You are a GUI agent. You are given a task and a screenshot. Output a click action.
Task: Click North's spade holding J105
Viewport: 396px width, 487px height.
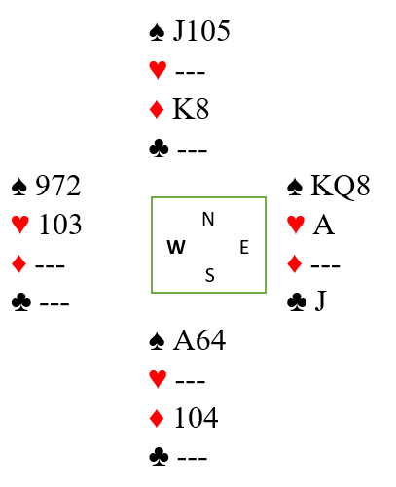pos(201,31)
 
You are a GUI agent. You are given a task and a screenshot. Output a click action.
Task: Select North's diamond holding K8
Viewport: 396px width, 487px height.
pos(191,109)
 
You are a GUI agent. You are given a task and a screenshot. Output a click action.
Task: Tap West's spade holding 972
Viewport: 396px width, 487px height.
pos(57,186)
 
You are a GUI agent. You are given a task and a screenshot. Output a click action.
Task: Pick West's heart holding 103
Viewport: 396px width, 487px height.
pos(60,225)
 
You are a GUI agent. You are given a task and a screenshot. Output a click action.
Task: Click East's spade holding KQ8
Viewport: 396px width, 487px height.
pos(341,186)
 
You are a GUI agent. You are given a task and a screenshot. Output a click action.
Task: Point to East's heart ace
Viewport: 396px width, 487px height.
pos(323,225)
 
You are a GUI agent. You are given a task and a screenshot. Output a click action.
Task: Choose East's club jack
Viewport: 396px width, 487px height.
pos(320,301)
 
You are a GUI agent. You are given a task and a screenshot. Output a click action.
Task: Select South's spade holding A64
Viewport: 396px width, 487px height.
pos(199,340)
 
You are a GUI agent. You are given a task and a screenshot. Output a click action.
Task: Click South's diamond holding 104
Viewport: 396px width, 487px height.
pos(196,418)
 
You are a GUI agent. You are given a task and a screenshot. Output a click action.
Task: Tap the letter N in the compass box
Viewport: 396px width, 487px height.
pos(208,219)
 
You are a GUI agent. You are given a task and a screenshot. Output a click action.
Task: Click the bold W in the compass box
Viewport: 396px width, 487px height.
pos(176,247)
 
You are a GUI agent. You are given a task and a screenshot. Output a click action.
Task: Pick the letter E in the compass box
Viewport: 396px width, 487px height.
pos(244,247)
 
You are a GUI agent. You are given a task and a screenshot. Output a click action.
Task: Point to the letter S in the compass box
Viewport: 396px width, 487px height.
pos(210,275)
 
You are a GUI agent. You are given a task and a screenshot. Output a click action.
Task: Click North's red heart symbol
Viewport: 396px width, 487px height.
pos(158,70)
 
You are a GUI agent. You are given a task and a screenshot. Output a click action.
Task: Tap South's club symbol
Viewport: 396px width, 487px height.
pos(159,456)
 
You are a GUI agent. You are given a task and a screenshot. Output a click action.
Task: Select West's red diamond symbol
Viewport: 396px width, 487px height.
pos(18,263)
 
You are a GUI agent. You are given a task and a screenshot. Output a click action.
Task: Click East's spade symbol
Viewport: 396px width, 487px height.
pos(295,187)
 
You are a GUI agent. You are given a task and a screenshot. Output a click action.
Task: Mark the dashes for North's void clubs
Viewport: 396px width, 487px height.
pos(192,150)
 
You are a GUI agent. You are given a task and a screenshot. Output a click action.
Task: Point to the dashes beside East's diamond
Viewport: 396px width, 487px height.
pos(325,265)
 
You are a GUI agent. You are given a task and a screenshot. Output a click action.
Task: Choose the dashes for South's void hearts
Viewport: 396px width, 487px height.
pos(190,381)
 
